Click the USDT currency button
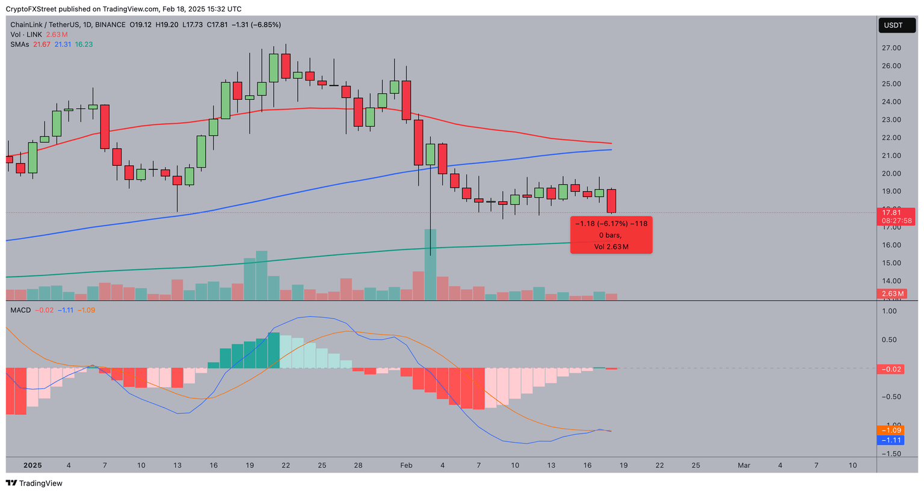pyautogui.click(x=893, y=25)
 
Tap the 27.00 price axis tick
pyautogui.click(x=891, y=48)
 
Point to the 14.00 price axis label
pyautogui.click(x=891, y=281)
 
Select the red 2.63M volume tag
pyautogui.click(x=893, y=293)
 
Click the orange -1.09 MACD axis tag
pyautogui.click(x=891, y=430)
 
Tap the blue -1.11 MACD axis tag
pyautogui.click(x=891, y=440)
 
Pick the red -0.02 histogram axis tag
pyautogui.click(x=891, y=369)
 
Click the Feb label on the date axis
pyautogui.click(x=406, y=465)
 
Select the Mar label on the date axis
pyautogui.click(x=744, y=465)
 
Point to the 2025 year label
pyautogui.click(x=32, y=465)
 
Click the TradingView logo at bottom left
pyautogui.click(x=34, y=483)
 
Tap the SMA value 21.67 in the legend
pyautogui.click(x=42, y=44)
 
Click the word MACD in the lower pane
pyautogui.click(x=20, y=310)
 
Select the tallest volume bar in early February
pyautogui.click(x=430, y=265)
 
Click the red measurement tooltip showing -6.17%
pyautogui.click(x=611, y=235)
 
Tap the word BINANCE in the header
pyautogui.click(x=110, y=25)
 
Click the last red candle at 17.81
pyautogui.click(x=612, y=201)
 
